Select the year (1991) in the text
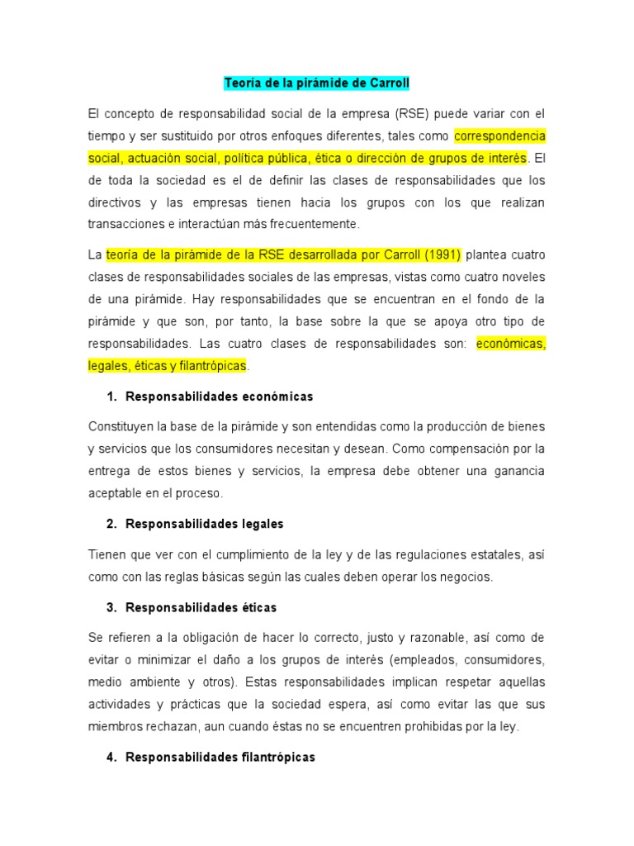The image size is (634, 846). tap(442, 254)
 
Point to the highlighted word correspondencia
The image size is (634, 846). tap(499, 135)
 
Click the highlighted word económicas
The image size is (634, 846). tap(511, 343)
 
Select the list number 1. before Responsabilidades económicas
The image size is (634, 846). tap(112, 397)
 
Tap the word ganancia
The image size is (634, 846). tap(518, 471)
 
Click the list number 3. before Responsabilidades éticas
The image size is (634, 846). tap(112, 607)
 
